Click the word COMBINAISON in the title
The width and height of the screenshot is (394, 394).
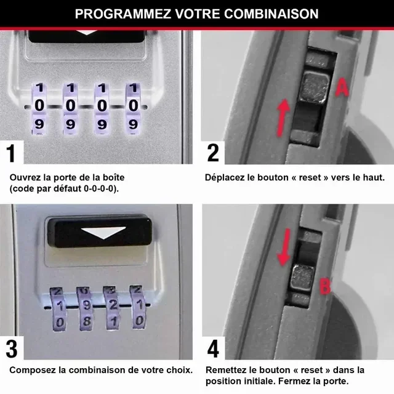(x=271, y=14)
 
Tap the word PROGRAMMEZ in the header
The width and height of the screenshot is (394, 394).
(x=123, y=14)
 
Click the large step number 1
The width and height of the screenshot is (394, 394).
(x=11, y=153)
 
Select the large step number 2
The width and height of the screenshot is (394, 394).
(x=213, y=153)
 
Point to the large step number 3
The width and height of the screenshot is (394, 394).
(x=12, y=349)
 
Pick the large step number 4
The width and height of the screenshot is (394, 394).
(x=213, y=349)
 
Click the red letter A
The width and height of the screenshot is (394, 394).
(x=342, y=87)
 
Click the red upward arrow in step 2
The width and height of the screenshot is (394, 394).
(x=283, y=118)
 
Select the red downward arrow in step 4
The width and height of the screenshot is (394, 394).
(x=284, y=247)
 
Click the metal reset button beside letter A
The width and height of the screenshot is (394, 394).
(x=315, y=87)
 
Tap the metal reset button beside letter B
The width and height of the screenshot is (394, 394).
(x=302, y=278)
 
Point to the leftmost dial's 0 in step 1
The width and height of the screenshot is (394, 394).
(x=39, y=105)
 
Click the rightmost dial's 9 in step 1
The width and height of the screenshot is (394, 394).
(x=133, y=124)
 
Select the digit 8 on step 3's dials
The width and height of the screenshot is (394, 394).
(x=87, y=321)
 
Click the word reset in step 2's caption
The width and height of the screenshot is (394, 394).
(x=310, y=178)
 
